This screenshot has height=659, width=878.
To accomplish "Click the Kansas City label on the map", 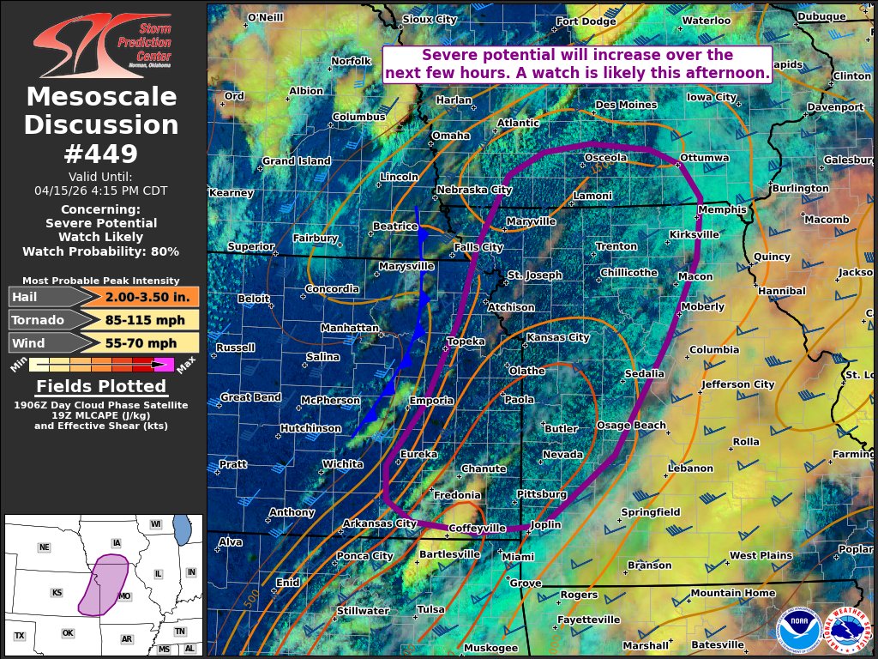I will pos(557,338).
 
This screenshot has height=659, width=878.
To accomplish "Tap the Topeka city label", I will pos(466,342).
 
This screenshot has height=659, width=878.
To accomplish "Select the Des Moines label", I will pos(626,106).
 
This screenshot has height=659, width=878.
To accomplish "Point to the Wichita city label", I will pos(342,464).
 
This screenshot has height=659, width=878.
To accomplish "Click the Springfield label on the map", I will pos(650,512).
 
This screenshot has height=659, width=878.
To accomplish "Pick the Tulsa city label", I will pos(430,610).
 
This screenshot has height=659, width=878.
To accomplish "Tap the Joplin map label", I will pos(545,524).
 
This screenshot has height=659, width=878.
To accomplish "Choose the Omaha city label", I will pos(450,136).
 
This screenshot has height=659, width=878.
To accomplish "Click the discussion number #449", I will pos(101,154).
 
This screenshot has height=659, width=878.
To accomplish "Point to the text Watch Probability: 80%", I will pos(101,251).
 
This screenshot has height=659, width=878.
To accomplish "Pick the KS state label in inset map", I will pos(57,593).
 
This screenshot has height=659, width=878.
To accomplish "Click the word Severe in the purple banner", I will pos(450,55).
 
